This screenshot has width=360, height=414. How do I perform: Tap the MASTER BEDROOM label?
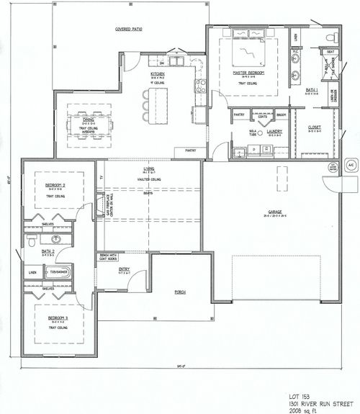[248, 73]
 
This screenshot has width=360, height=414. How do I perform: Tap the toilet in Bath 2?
[31, 239]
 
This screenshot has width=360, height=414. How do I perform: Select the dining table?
[91, 125]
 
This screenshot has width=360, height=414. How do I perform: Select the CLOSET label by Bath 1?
[315, 127]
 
